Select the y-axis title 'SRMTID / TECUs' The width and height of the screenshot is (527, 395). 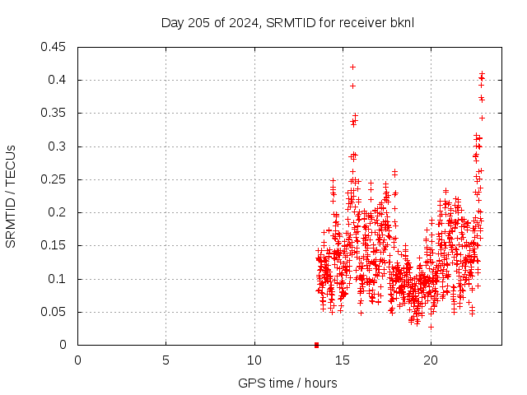(11, 196)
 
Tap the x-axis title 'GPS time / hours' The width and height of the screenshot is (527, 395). (287, 383)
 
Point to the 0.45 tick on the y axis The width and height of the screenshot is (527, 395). (55, 47)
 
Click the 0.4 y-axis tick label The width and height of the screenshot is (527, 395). (58, 80)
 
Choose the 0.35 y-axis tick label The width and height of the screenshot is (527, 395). (55, 113)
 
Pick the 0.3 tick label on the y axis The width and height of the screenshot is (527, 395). (58, 146)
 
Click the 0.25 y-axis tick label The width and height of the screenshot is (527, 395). (55, 179)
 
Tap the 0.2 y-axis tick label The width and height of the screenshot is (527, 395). (58, 212)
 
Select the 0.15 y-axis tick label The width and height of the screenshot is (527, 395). (55, 245)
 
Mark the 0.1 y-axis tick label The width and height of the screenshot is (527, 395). (58, 279)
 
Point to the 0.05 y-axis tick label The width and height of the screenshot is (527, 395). (55, 312)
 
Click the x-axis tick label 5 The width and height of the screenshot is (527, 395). (166, 360)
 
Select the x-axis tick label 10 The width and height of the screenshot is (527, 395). (254, 360)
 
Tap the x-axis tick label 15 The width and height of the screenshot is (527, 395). (343, 360)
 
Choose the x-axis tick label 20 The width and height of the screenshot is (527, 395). (431, 360)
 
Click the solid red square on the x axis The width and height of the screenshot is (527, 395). (316, 345)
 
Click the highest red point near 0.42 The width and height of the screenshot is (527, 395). (352, 67)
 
